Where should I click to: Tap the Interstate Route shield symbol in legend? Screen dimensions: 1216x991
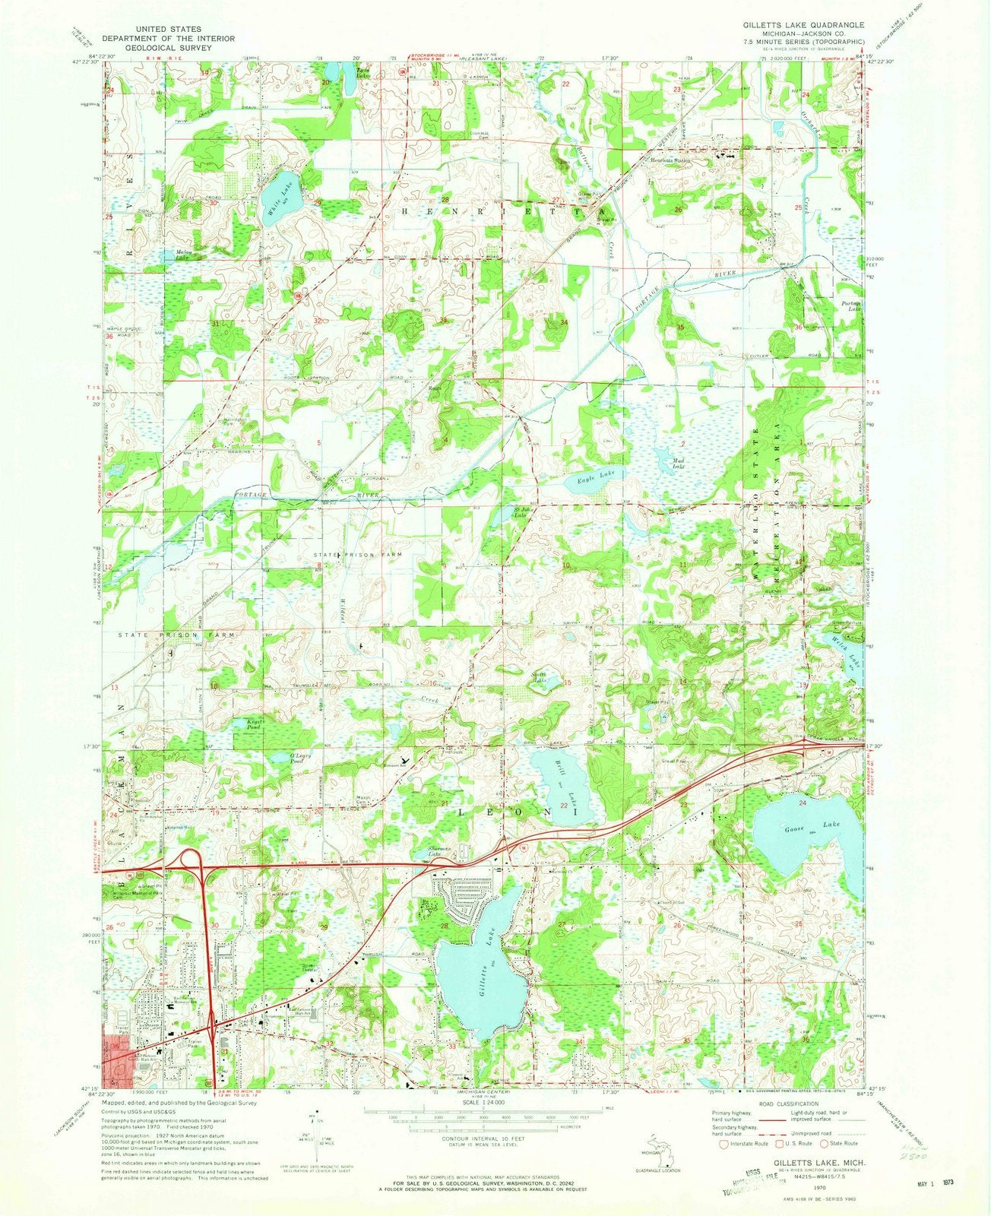coord(717,1143)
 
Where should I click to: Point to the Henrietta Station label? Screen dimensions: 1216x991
coord(670,160)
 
